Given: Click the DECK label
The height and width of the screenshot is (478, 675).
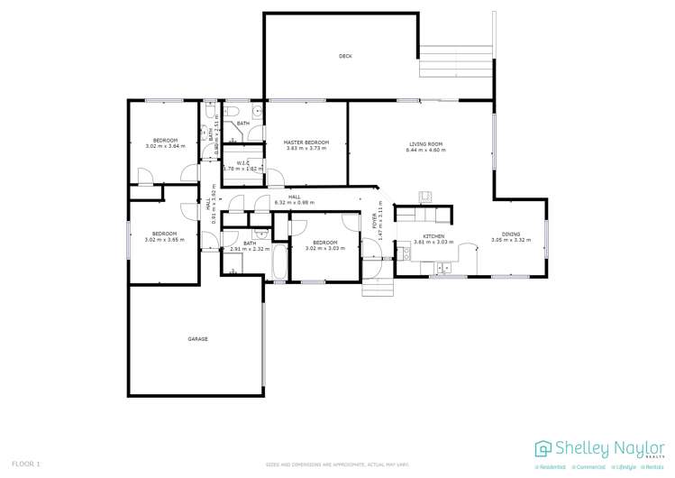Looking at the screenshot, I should (x=345, y=56).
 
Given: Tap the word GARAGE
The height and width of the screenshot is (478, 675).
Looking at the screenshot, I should (x=197, y=339).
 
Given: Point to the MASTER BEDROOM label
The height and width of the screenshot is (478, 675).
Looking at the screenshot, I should (x=306, y=142).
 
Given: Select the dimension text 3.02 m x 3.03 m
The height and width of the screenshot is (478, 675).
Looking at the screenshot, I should (x=324, y=248).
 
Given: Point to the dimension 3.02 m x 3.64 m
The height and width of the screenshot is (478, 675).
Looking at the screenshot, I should (x=165, y=146).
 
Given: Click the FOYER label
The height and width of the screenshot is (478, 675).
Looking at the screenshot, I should (x=375, y=222).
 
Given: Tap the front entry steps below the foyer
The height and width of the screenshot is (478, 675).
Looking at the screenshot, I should (x=378, y=286).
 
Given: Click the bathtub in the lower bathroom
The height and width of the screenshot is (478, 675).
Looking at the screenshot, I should (x=278, y=263).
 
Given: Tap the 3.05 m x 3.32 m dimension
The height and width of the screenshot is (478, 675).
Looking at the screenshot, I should (x=511, y=241).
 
